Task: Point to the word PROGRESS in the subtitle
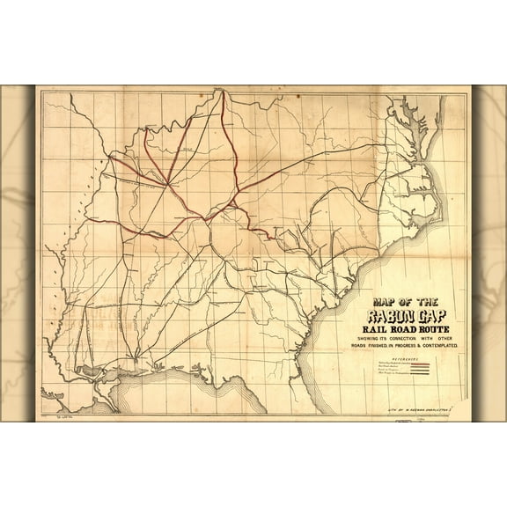(422, 349)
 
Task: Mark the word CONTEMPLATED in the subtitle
(450, 349)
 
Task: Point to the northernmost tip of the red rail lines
(222, 92)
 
